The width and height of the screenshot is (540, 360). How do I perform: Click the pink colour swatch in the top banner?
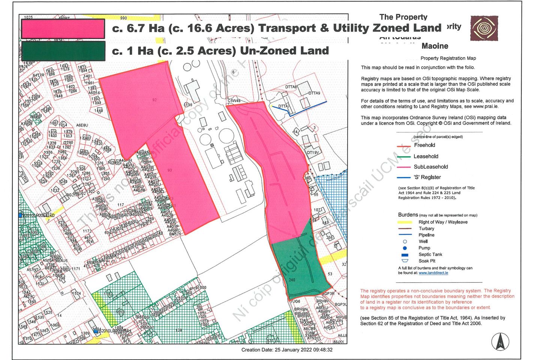(63, 29)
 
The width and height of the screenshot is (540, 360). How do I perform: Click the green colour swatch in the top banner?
(63, 51)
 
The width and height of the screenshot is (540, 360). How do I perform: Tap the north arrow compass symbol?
(500, 342)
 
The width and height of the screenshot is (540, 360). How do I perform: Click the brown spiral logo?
(484, 28)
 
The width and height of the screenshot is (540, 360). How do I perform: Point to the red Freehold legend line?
(404, 146)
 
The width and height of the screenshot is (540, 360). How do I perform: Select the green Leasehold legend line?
(404, 157)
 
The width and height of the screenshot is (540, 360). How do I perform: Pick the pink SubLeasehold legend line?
(404, 167)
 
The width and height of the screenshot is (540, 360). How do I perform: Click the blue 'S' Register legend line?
(404, 178)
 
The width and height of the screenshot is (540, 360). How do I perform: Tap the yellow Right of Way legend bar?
(405, 222)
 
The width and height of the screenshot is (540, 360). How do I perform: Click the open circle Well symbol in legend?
(405, 241)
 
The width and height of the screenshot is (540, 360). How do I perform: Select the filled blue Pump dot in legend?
(405, 248)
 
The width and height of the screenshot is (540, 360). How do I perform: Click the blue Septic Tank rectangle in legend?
(405, 255)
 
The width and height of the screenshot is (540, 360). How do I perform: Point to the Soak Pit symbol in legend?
(405, 261)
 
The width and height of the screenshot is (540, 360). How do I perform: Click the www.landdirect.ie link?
(433, 273)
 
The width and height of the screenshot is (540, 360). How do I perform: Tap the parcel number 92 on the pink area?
(154, 100)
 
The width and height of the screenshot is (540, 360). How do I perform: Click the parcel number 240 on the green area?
(292, 280)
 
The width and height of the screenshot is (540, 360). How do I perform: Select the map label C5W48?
(234, 101)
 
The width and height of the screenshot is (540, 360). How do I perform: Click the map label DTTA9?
(314, 93)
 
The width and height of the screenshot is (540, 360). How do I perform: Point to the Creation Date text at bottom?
(286, 350)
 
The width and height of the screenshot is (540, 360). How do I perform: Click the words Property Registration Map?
(448, 58)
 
